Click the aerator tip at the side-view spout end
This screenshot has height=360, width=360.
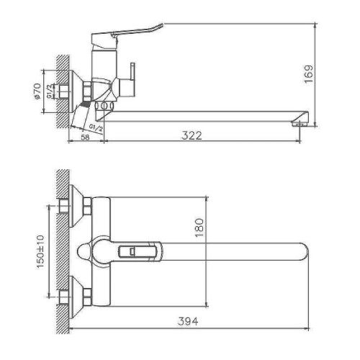pyautogui.click(x=297, y=125)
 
